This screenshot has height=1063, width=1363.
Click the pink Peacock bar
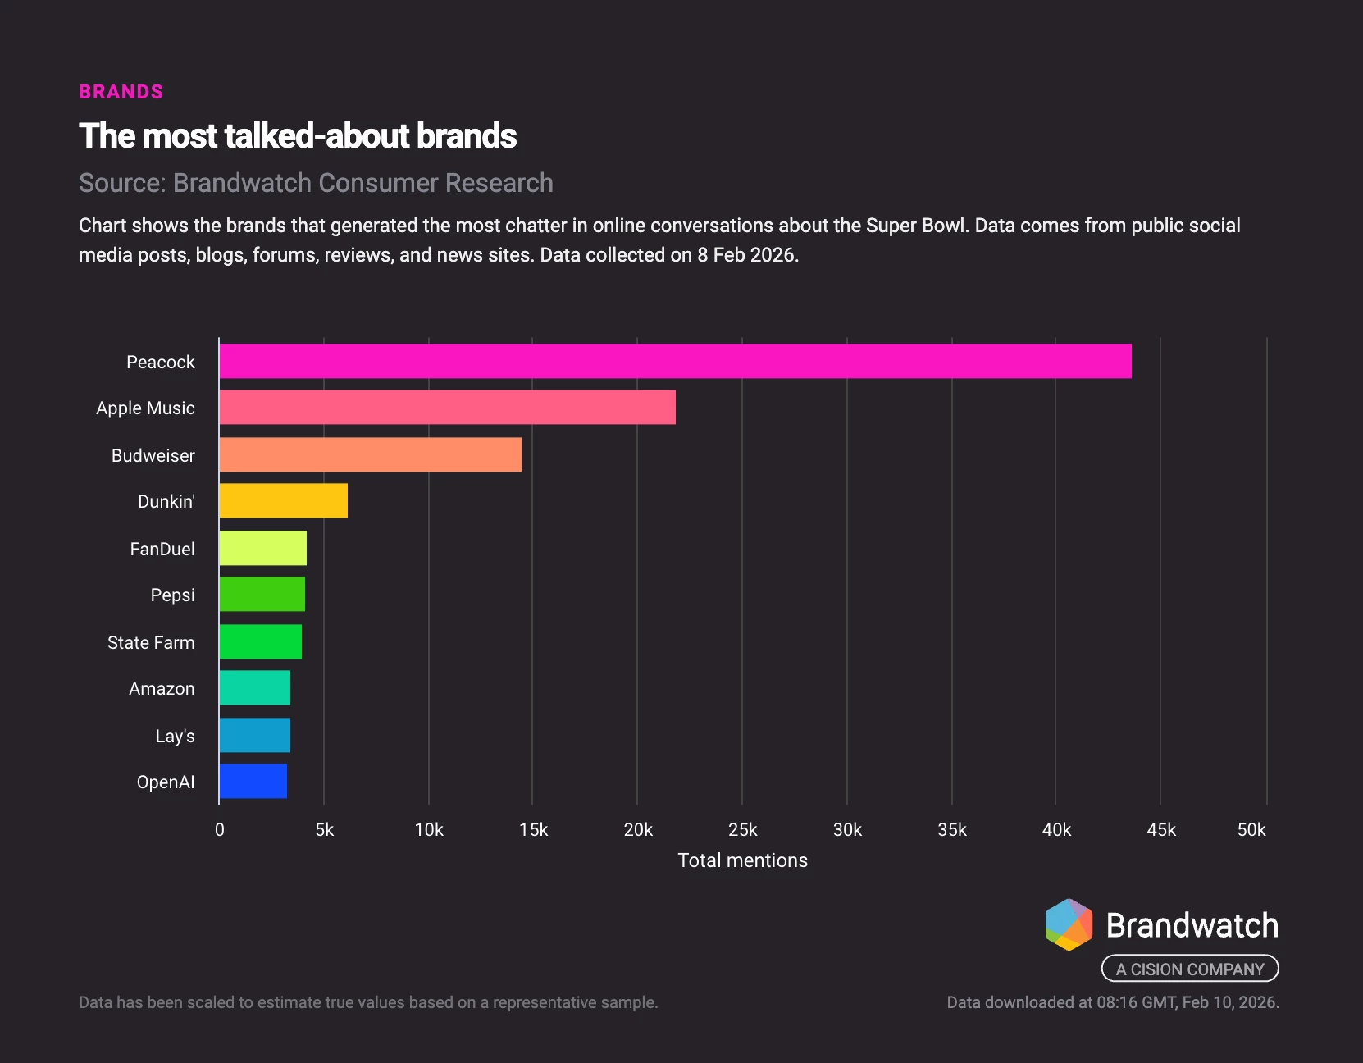coord(675,362)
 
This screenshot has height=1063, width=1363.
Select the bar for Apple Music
coord(447,408)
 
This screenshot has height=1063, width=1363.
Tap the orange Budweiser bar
coord(370,455)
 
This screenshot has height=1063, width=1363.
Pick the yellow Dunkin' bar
coord(283,501)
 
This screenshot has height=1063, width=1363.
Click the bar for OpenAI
coord(253,782)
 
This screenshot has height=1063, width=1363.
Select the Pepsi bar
coord(262,595)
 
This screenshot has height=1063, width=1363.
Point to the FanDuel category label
coord(162,549)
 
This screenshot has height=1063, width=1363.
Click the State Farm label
coord(151,642)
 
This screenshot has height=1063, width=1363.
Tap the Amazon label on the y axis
coord(162,688)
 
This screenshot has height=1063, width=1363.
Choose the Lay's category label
coord(175,736)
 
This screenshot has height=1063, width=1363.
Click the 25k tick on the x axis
coord(742,830)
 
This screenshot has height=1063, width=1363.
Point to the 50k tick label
coord(1251,830)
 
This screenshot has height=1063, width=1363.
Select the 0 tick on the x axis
coord(219,830)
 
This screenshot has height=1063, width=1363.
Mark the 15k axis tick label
coord(533,830)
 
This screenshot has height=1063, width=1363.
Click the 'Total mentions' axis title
coord(742,860)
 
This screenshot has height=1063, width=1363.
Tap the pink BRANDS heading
coord(121,92)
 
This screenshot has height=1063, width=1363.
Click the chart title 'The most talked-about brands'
coord(298,136)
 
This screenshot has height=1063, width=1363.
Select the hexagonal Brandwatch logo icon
coord(1069,924)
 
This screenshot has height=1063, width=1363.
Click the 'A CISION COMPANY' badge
coord(1189,969)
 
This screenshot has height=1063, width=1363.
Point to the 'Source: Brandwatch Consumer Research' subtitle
coord(316,183)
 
